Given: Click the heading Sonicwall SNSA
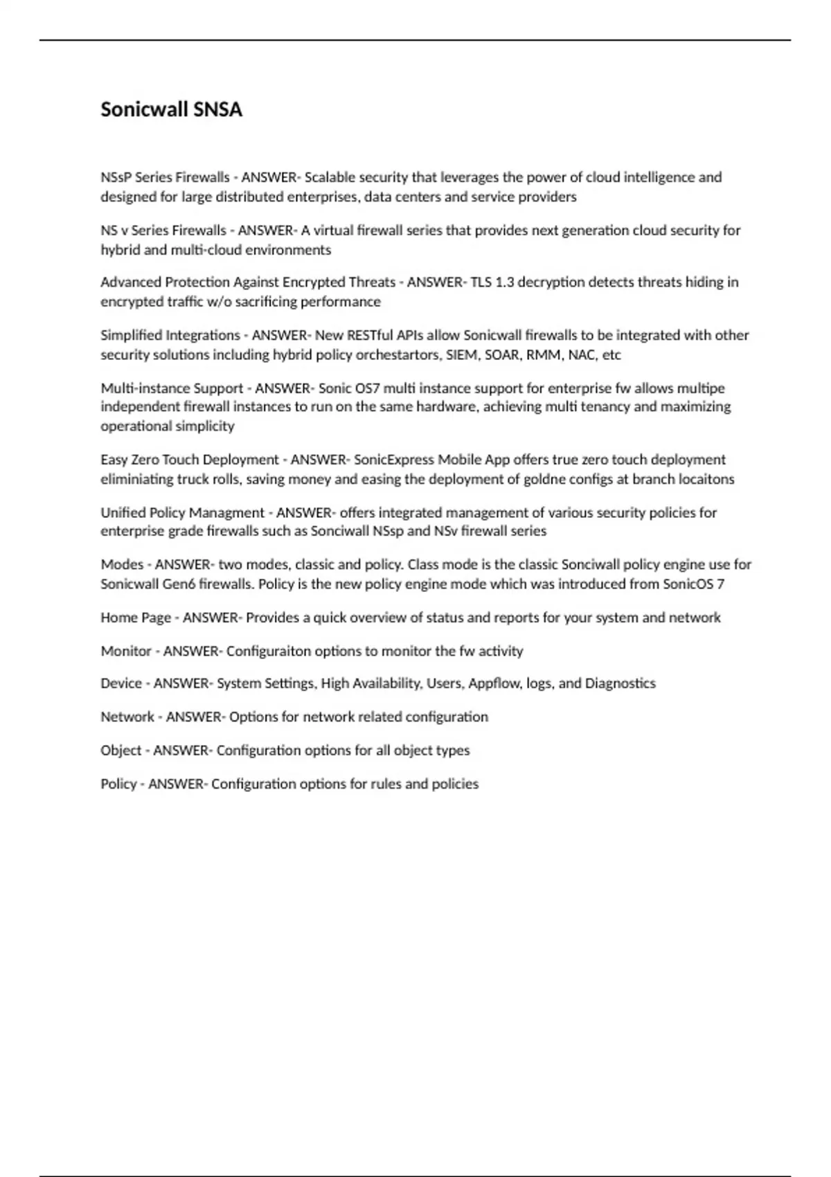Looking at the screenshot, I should [171, 109].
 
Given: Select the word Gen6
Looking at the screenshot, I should [179, 584].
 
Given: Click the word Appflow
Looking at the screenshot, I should [494, 683].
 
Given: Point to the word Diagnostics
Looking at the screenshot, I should [620, 683].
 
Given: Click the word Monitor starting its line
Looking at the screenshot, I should [126, 651].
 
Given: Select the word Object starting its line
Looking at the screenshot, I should [120, 751].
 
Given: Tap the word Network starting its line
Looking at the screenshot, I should [127, 717].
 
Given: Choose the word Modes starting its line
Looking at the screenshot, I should [122, 564].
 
